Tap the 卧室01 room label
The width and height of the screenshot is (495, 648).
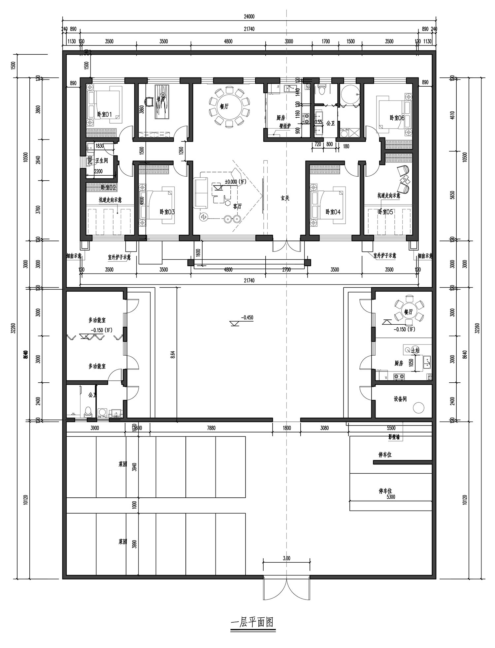[x=104, y=115]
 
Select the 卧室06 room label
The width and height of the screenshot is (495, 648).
[x=397, y=117]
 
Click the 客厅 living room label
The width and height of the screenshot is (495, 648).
[x=237, y=206]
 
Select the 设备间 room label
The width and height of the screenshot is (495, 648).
[x=400, y=399]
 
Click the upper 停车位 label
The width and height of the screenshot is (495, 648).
[x=385, y=455]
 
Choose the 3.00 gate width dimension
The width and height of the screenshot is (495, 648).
[x=286, y=558]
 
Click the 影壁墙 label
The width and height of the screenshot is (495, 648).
[x=394, y=438]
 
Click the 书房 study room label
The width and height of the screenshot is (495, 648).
[x=161, y=98]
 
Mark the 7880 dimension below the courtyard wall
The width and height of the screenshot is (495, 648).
[x=211, y=428]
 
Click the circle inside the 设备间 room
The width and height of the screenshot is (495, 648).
[x=419, y=408]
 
